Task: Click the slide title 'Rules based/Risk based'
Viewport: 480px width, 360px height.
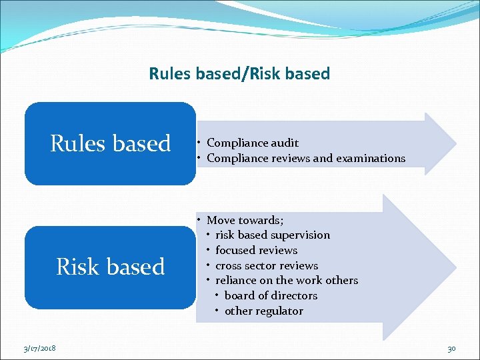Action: [239, 73]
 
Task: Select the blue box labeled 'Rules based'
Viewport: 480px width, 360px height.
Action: [110, 143]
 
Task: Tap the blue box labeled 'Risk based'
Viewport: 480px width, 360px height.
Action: [110, 267]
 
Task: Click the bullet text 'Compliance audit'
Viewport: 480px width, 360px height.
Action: [252, 143]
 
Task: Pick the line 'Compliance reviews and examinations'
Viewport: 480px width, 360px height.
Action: [305, 158]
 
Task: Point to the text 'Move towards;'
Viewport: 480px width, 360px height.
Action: [245, 220]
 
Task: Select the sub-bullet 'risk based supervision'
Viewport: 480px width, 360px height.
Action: [272, 235]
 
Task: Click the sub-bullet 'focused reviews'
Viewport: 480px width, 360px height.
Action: [256, 250]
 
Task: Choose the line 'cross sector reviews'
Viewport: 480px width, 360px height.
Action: [267, 265]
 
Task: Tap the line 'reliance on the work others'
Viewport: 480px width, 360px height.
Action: [287, 280]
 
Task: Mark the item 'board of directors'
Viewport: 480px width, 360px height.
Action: [271, 295]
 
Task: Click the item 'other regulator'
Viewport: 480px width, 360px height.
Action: [263, 311]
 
